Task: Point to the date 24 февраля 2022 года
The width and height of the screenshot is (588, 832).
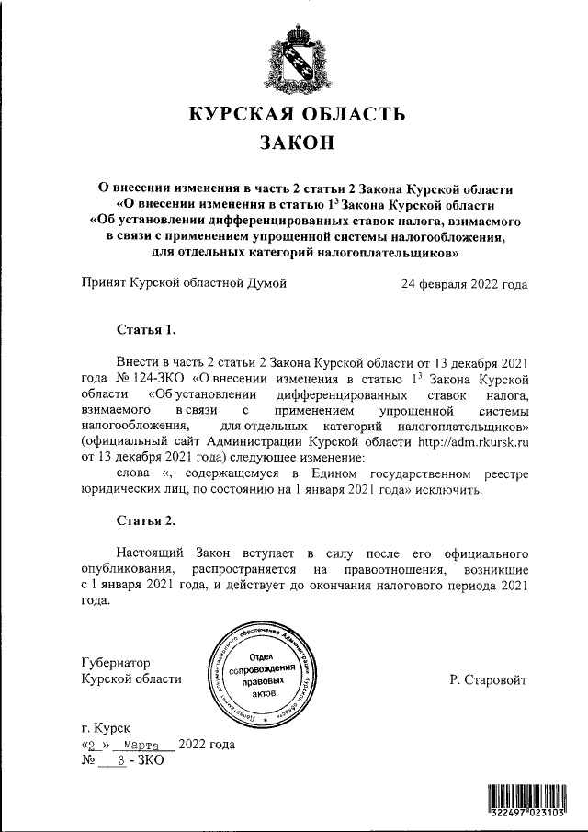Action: (x=464, y=284)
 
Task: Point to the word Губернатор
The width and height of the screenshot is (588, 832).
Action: (x=116, y=662)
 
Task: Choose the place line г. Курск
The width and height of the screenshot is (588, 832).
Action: (x=106, y=727)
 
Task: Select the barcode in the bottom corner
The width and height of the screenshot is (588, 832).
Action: (x=531, y=800)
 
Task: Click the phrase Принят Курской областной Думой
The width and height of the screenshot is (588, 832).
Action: (x=184, y=284)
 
